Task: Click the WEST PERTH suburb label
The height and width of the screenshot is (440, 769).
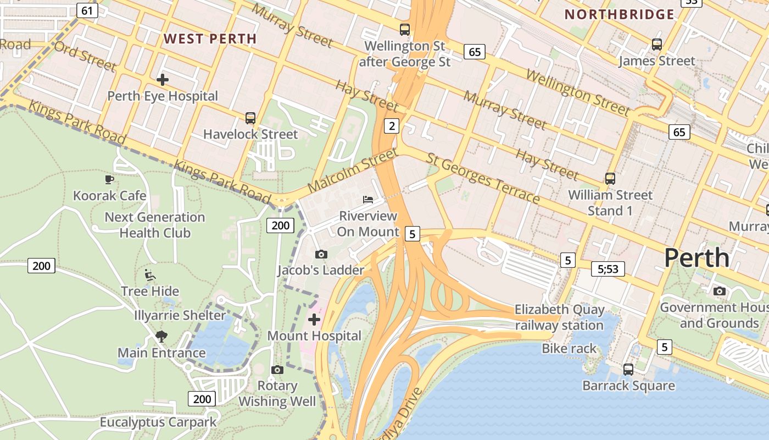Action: coord(210,38)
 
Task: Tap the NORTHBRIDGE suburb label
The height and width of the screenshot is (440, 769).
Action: coord(619,15)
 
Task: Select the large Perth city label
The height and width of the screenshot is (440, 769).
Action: coord(696,258)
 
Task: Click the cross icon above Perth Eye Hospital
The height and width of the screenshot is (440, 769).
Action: coord(163,80)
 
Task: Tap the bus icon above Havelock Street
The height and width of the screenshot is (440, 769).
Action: coord(250,118)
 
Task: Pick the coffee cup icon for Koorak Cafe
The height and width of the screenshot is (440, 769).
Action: coord(109,179)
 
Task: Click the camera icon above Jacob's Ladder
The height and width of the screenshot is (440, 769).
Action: coord(321,254)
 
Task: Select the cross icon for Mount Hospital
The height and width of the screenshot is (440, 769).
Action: coord(314,320)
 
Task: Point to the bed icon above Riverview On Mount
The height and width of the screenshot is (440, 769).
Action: coord(368,199)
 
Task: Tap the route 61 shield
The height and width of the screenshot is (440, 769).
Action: coord(87,10)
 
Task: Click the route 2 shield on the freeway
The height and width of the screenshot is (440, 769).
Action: coord(391,126)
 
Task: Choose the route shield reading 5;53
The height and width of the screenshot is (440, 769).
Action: coord(608,269)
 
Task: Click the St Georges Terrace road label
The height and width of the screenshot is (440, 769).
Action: coord(483,178)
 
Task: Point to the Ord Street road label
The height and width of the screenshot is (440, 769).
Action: coord(85,56)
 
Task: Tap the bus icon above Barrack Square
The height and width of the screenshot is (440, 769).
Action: coord(628,370)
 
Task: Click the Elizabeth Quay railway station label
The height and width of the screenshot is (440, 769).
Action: coord(559,317)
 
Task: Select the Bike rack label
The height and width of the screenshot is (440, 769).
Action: coord(569,348)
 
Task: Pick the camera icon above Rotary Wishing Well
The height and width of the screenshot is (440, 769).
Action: coord(277,370)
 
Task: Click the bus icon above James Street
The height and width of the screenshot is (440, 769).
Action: coord(657,45)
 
